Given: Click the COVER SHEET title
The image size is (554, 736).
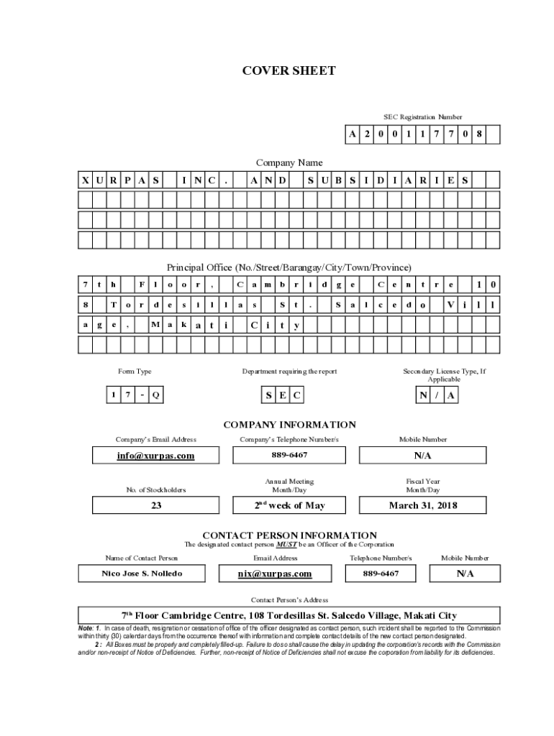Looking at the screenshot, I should (289, 70).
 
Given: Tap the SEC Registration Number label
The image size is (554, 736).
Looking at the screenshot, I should (422, 116).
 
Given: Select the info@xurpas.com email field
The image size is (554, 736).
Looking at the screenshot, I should (156, 456).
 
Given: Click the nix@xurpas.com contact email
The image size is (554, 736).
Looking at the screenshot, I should (275, 574).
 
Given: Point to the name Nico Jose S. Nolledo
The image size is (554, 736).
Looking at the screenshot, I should (142, 574).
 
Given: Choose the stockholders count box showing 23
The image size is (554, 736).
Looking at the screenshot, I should (156, 505).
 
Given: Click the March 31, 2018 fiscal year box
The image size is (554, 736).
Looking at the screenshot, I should (423, 505).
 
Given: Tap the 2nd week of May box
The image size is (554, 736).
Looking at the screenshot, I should (290, 505).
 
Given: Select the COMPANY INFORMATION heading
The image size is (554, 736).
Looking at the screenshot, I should (289, 425).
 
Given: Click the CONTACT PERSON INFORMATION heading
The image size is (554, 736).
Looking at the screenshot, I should (289, 535).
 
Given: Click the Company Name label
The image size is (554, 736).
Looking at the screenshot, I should (289, 163).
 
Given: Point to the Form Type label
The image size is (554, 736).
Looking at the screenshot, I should (135, 372).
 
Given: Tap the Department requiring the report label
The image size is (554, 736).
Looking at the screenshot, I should (289, 372).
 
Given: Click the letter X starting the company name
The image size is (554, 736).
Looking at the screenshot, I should (85, 180).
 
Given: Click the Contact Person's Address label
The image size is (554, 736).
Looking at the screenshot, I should (289, 599).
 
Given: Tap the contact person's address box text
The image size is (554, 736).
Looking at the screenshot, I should (289, 616).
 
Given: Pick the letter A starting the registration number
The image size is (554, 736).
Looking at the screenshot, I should (353, 134).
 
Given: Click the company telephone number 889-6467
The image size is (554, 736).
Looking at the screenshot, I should (290, 456).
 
